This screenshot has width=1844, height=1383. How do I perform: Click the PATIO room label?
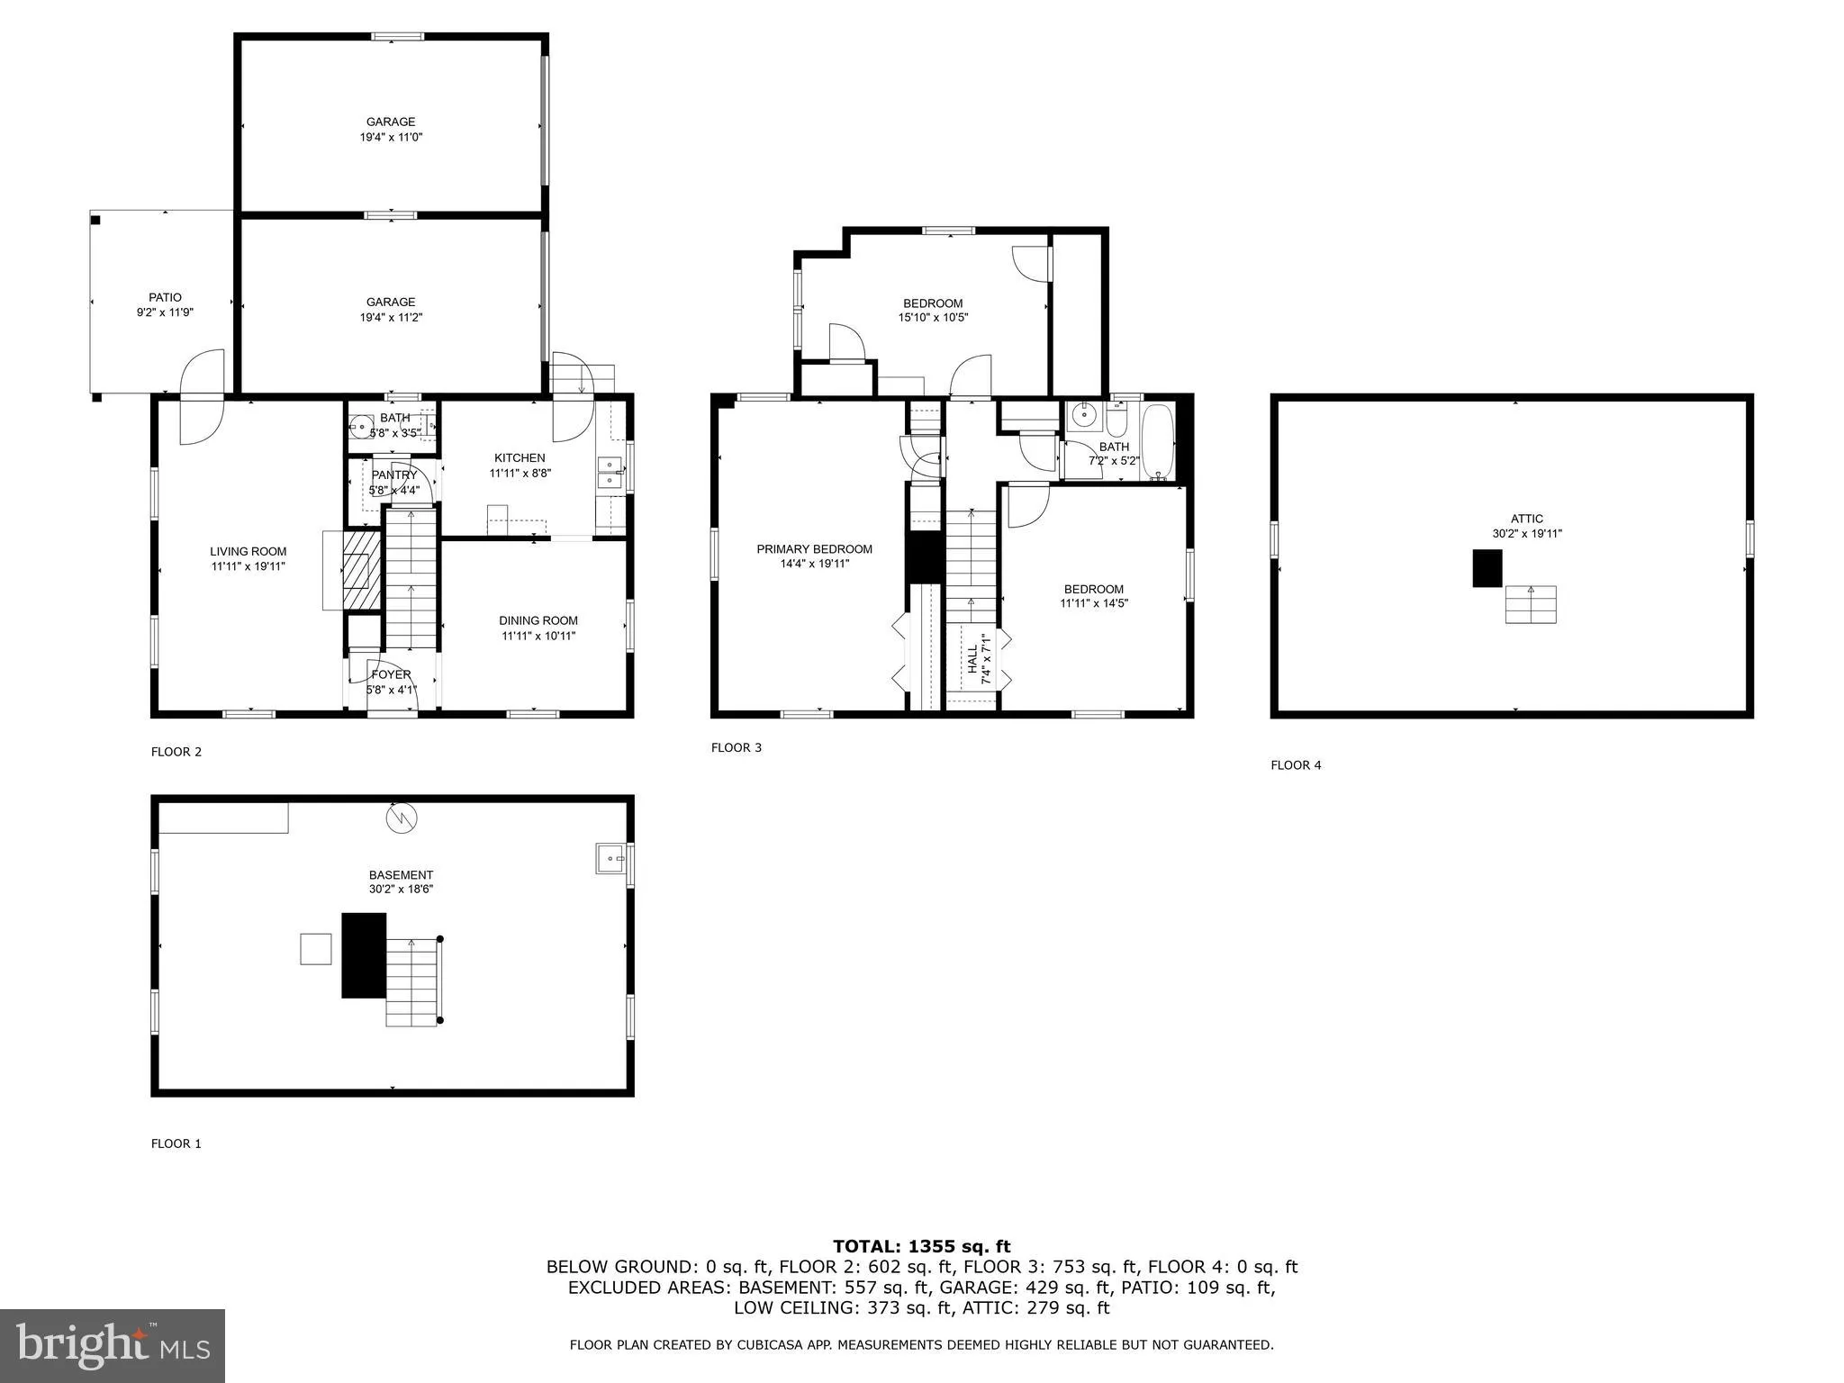pos(165,297)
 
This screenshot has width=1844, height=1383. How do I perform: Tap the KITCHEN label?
pos(520,457)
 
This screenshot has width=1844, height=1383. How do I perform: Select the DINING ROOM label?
pos(538,620)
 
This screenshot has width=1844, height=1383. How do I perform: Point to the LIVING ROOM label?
pos(249,552)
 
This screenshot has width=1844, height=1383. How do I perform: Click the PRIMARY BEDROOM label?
pos(814,549)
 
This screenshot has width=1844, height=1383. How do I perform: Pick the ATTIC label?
pos(1527,519)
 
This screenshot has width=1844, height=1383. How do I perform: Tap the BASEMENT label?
pos(401,874)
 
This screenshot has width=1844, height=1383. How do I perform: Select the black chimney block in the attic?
pos(1487,568)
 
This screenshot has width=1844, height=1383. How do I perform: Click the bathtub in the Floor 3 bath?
pos(1158,442)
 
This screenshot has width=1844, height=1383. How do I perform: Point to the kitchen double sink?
pos(610,473)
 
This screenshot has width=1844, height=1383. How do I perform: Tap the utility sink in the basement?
pos(610,859)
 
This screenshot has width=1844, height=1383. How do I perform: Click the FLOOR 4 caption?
pos(1296,765)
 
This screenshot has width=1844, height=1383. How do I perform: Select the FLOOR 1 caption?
pos(176,1143)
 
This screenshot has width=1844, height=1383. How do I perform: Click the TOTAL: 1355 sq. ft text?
pos(921,1246)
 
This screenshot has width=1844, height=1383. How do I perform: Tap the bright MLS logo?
pos(112,1345)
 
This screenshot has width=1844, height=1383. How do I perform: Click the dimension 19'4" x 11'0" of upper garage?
pos(391,138)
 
